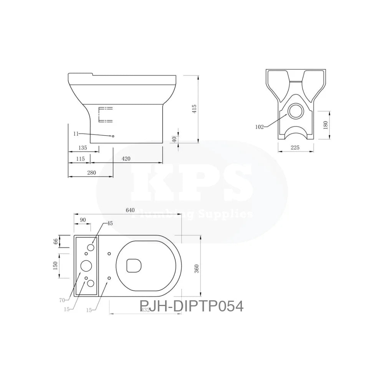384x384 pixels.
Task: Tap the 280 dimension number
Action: pyautogui.click(x=91, y=173)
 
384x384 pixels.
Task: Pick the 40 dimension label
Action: pyautogui.click(x=174, y=139)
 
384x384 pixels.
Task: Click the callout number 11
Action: pyautogui.click(x=76, y=134)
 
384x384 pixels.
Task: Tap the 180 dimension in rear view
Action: pyautogui.click(x=326, y=126)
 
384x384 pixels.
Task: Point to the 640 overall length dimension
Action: pyautogui.click(x=130, y=210)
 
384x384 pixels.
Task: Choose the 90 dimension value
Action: pyautogui.click(x=83, y=220)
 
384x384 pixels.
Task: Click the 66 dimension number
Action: pyautogui.click(x=56, y=241)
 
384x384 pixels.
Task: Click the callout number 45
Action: pyautogui.click(x=110, y=223)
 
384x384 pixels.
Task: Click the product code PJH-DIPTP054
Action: pyautogui.click(x=192, y=306)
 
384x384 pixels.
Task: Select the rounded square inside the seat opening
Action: pyautogui.click(x=134, y=264)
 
